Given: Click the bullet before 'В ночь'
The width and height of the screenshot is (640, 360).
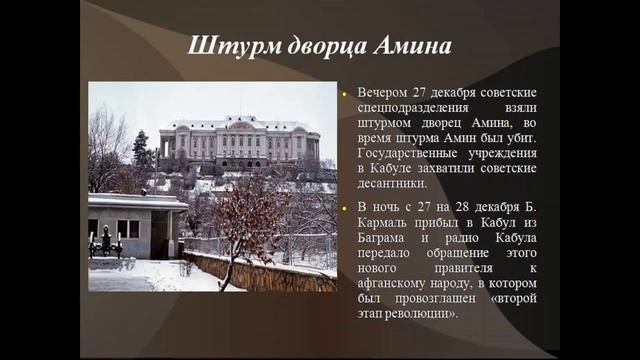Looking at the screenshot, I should pos(343,209).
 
